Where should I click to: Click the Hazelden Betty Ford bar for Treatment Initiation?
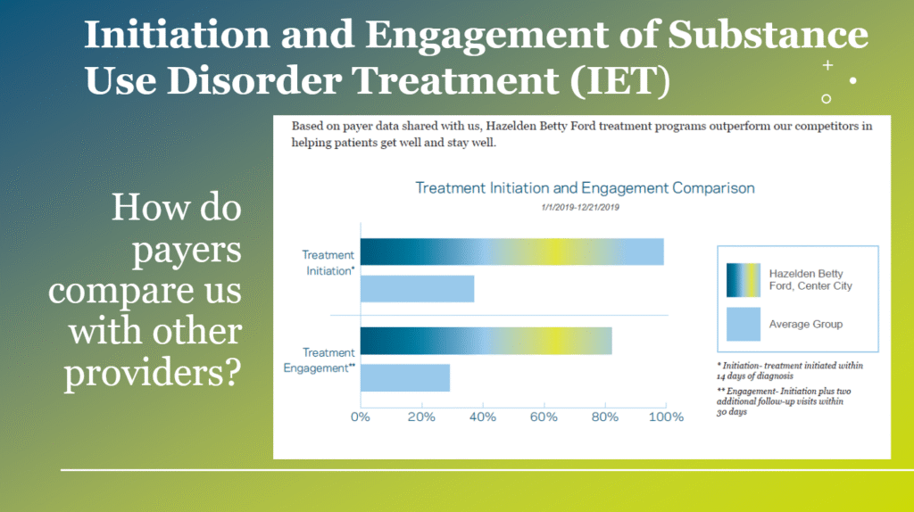[511, 252]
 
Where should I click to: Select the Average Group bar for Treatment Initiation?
[418, 289]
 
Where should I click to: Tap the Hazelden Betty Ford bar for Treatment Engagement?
[486, 341]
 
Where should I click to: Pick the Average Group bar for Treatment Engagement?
[405, 378]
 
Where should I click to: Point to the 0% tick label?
[361, 417]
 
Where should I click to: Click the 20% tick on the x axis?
[421, 417]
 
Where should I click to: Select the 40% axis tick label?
[483, 417]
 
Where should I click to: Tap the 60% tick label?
[544, 417]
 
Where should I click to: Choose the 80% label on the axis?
[605, 417]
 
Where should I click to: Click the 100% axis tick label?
[666, 417]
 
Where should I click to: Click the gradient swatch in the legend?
[744, 280]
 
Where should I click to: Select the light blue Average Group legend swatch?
[744, 324]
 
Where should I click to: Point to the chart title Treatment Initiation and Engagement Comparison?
[585, 188]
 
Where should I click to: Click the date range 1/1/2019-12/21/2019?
[580, 207]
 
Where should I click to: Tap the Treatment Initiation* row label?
[328, 263]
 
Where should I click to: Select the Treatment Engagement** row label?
[320, 360]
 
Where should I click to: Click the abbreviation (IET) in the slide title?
[620, 80]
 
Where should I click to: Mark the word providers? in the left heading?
[153, 373]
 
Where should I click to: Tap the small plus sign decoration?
[827, 65]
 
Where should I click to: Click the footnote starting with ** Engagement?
[784, 401]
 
